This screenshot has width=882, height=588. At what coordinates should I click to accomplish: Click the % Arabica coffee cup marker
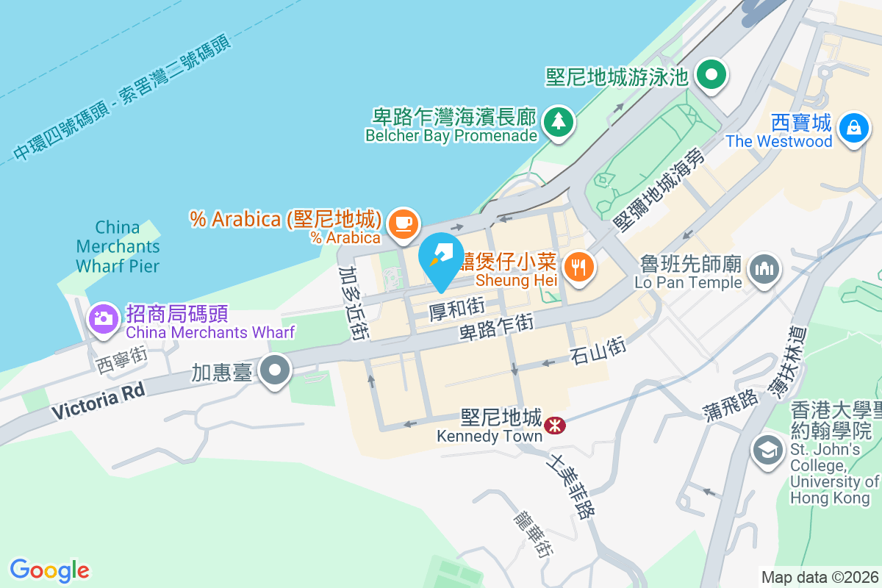[x=402, y=221]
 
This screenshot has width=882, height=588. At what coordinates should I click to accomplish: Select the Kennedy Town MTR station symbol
[x=554, y=424]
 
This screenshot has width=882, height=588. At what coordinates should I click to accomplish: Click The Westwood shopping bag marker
[x=854, y=127]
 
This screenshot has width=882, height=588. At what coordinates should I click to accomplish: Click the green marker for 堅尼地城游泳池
[x=711, y=73]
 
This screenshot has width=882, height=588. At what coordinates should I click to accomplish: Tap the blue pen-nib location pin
[x=441, y=257]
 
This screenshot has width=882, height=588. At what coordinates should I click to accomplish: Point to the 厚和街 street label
[x=456, y=308]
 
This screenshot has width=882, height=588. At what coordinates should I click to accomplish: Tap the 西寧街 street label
[x=122, y=358]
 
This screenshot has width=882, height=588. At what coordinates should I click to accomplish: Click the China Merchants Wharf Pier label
[x=118, y=245]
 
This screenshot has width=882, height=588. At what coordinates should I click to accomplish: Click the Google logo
[x=49, y=570]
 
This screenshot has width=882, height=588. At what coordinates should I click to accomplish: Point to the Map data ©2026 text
[x=820, y=577]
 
